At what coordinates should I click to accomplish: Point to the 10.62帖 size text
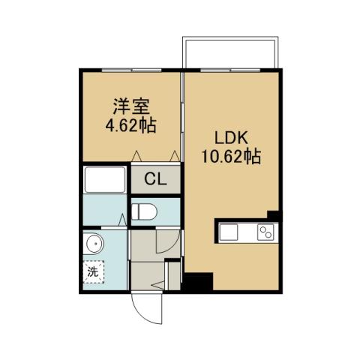pos(229,158)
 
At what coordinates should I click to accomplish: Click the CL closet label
pos(156,179)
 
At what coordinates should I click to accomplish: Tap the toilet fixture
pos(144,211)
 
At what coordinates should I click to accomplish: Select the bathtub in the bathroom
pos(105,181)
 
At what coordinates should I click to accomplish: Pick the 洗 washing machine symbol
pos(94,272)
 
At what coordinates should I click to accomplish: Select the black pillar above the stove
pos(274,216)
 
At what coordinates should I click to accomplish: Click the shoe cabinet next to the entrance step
pos(172,273)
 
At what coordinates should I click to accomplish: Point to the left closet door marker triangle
pos(136,156)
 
